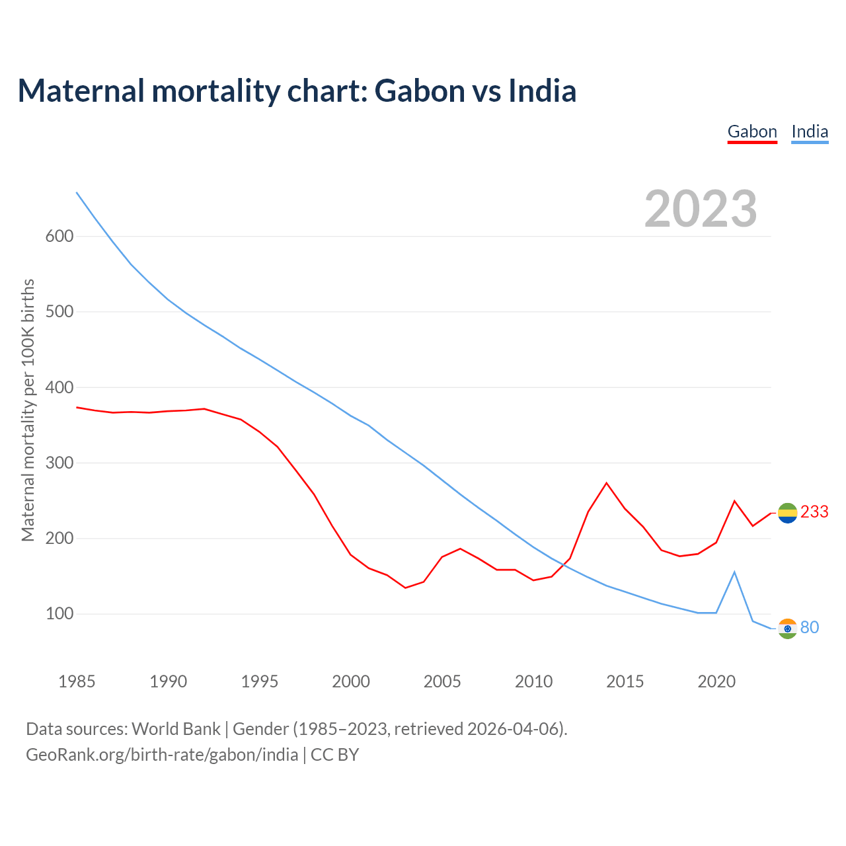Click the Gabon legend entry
(x=752, y=132)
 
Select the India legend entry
(x=810, y=132)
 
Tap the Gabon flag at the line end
(x=787, y=513)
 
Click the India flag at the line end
(x=787, y=629)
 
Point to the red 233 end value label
(x=814, y=512)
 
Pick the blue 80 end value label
(x=810, y=628)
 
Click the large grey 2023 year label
(x=701, y=209)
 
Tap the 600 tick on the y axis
(x=59, y=237)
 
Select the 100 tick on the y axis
(x=59, y=614)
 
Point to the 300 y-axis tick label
(x=59, y=463)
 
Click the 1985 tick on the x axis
(x=77, y=681)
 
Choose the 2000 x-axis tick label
(x=351, y=681)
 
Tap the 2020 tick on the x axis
(x=716, y=681)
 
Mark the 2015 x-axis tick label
(x=625, y=681)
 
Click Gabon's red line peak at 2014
(x=607, y=483)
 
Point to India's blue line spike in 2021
(x=734, y=572)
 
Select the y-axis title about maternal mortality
(x=28, y=410)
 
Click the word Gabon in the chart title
(x=420, y=91)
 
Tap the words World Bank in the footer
(x=176, y=729)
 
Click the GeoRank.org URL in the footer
(x=162, y=755)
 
